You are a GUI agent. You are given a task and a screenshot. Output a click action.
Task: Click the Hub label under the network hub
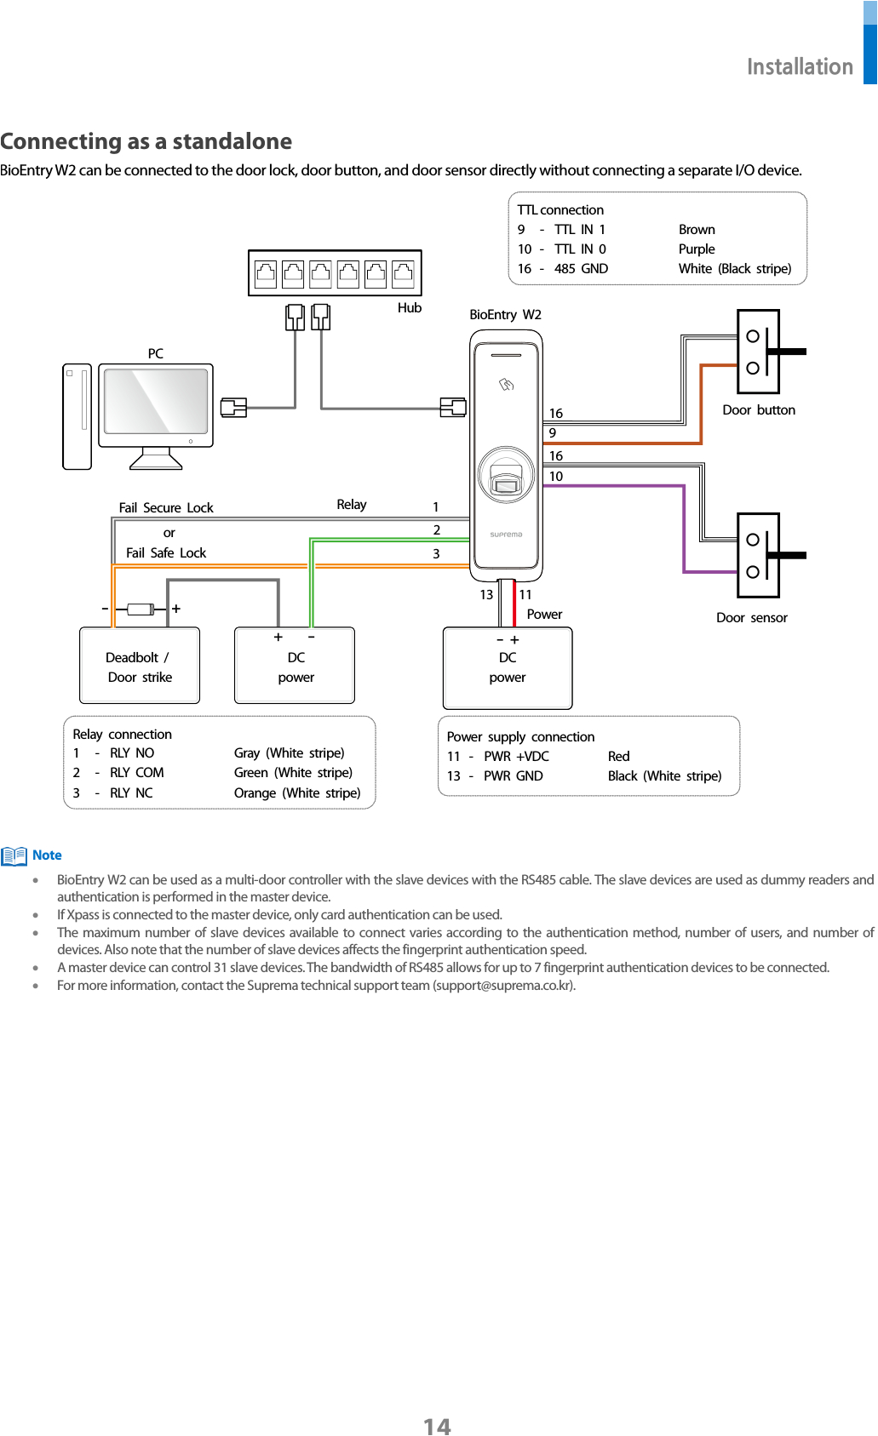point(409,308)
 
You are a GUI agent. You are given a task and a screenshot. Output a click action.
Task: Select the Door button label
point(758,410)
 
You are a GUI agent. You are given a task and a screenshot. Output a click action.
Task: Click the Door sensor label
point(751,618)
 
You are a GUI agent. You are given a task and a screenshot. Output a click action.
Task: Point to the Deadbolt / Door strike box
point(140,667)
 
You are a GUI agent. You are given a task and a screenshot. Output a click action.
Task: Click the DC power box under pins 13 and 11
point(508,668)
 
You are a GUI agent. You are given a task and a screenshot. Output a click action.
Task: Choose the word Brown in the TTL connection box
point(697,230)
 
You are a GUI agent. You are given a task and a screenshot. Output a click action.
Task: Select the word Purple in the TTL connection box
point(697,249)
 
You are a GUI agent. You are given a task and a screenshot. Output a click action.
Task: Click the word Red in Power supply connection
point(618,757)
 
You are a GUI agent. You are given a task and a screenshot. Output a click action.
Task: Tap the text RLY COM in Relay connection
point(136,773)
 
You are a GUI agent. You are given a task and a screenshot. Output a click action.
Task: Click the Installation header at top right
point(799,66)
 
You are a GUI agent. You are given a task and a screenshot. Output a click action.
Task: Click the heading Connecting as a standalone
point(146,141)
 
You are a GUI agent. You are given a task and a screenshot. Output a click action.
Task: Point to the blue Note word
point(47,855)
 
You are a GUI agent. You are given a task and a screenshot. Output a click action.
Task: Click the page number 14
point(437,1426)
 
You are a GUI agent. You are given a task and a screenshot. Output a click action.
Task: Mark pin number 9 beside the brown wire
point(553,433)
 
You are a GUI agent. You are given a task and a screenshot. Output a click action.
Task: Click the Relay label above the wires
point(351,505)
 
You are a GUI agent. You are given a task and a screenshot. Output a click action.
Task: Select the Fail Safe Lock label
point(166,553)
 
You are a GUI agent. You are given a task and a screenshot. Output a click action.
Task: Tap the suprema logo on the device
point(506,535)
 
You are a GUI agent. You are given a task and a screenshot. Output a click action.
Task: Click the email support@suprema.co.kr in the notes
point(503,986)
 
